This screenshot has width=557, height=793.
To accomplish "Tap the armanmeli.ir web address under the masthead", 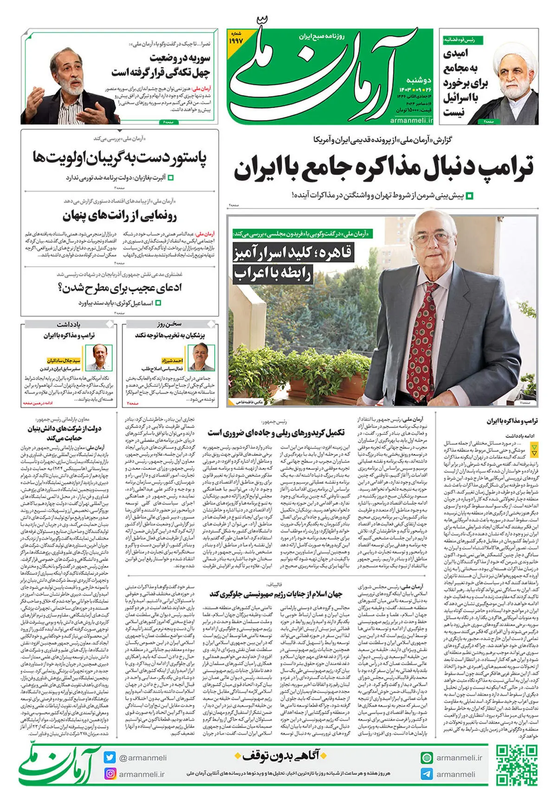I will point(411,120).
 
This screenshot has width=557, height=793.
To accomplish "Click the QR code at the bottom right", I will point(516,765).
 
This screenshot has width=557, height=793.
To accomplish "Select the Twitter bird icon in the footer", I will point(110,757).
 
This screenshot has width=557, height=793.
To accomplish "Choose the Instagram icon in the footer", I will point(110,774).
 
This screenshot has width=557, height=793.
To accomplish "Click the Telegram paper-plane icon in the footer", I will point(426,774).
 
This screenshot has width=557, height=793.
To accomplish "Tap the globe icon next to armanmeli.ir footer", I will point(426,758).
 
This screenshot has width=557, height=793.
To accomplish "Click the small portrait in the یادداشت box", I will point(100,357).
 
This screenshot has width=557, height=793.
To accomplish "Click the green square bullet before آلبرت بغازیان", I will point(170,178).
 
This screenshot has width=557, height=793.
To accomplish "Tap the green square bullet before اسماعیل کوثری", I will point(158,303).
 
